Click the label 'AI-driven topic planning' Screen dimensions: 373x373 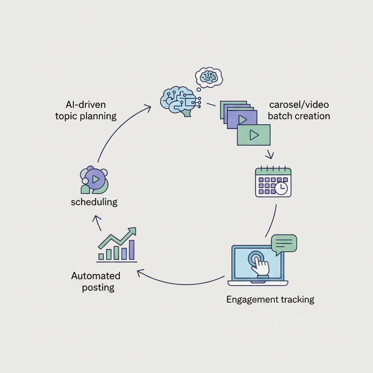(x=86, y=111)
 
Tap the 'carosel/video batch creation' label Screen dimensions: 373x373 (x=299, y=110)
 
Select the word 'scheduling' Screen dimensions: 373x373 (x=94, y=202)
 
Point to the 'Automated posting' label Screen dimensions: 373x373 (x=96, y=281)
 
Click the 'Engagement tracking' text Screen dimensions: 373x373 (x=270, y=300)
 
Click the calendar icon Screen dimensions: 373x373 (x=273, y=182)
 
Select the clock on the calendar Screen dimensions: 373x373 (x=281, y=188)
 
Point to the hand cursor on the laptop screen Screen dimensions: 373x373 (x=260, y=265)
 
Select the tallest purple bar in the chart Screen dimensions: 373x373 (x=131, y=250)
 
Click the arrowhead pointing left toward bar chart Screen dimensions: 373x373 (x=139, y=272)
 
